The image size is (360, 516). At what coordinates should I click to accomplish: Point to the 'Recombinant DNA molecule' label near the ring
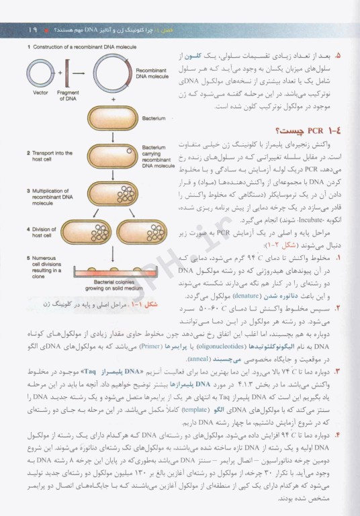pos(152,73)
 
